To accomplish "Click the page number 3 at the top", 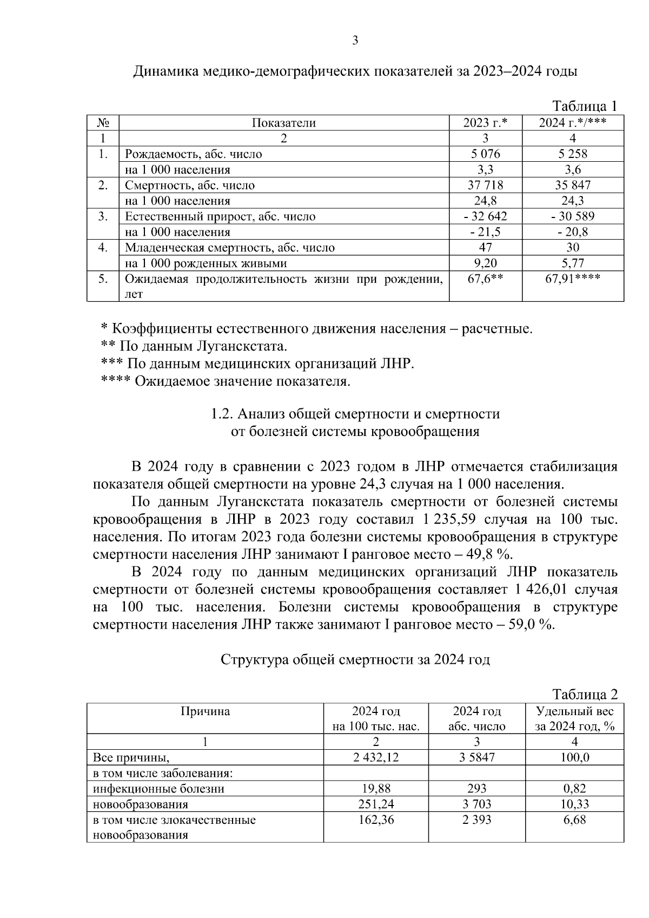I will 355,40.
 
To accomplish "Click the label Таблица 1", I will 584,105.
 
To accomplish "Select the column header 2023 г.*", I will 485,123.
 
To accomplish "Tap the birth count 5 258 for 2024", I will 573,154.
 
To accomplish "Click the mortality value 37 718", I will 485,185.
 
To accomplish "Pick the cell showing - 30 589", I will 573,216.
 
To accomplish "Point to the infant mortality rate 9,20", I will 485,263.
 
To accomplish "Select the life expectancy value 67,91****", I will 573,279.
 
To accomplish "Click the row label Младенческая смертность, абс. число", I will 230,248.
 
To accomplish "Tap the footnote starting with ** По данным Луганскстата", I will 194,346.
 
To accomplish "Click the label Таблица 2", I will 584,694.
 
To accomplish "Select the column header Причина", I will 205,711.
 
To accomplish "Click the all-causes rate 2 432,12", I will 376,757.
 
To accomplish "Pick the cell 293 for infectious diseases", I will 476,789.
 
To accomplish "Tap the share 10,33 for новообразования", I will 574,804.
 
